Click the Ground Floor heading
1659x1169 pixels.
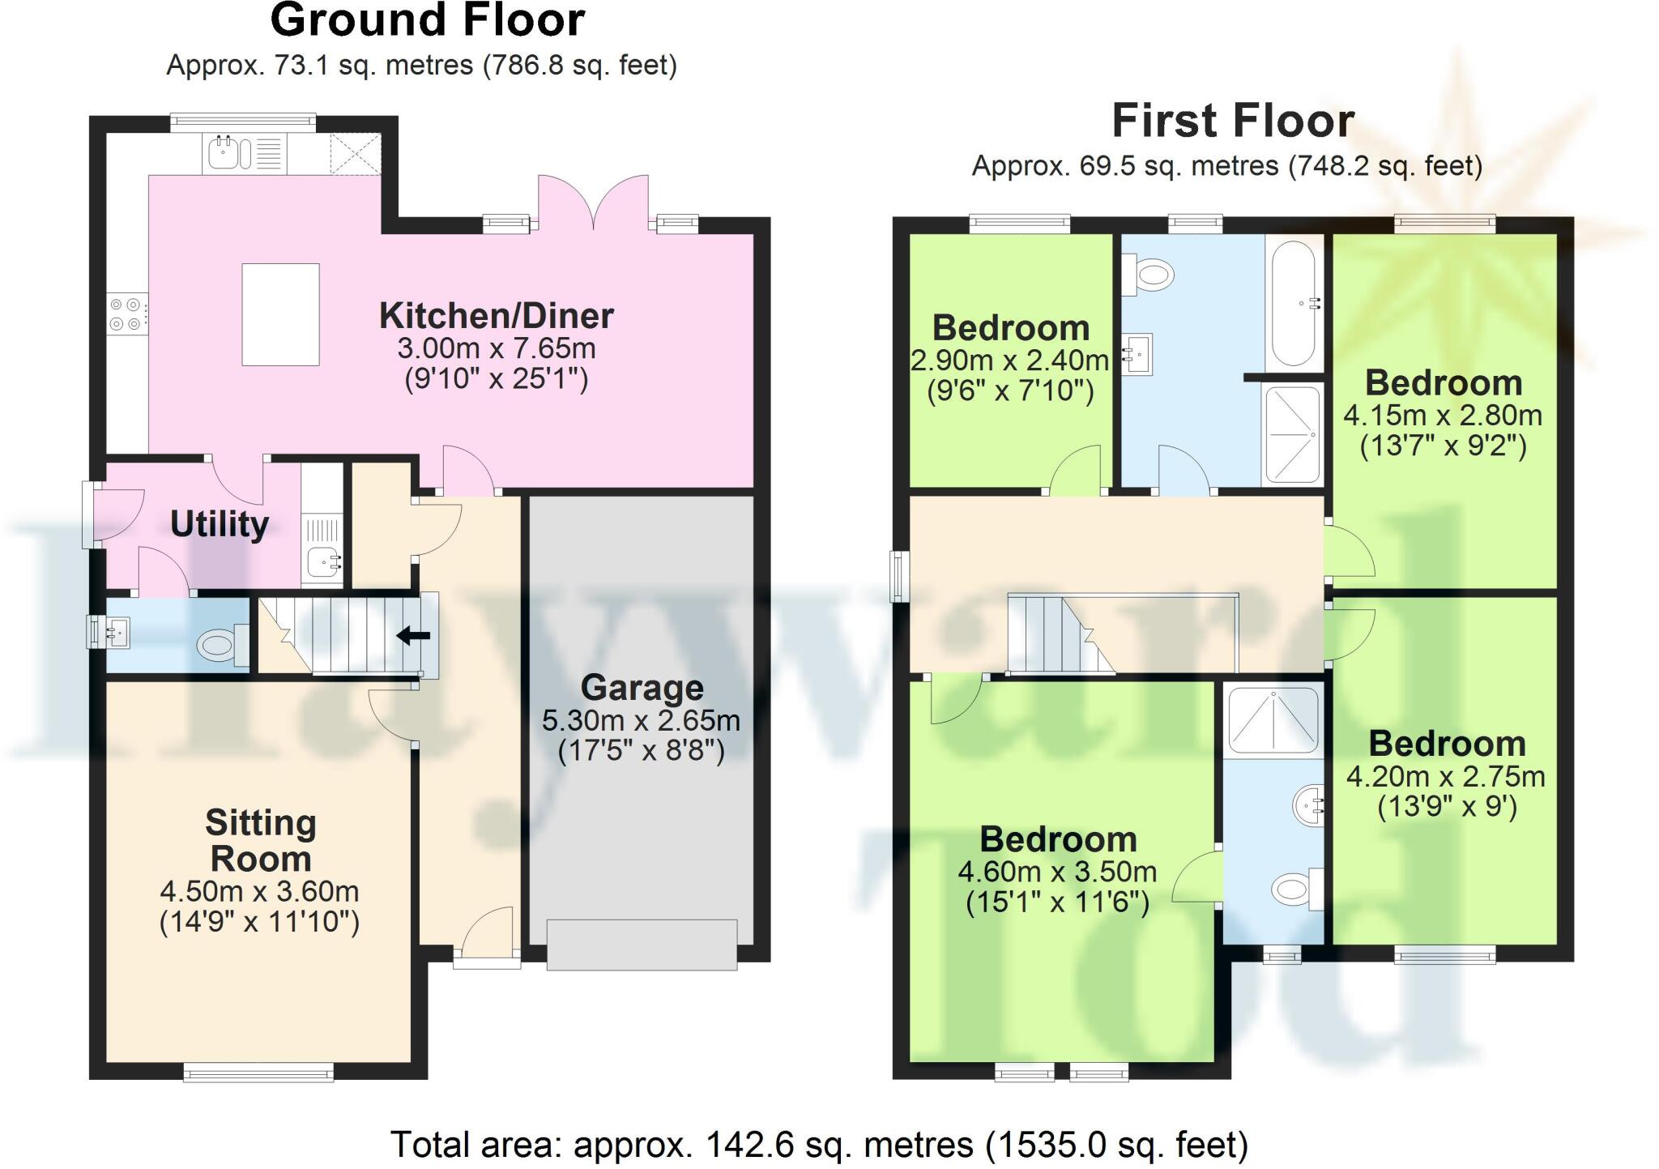coord(427,21)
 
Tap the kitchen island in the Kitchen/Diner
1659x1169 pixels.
coord(280,314)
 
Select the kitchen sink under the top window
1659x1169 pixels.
coord(224,153)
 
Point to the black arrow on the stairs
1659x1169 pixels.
coord(413,636)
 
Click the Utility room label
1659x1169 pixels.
coord(219,525)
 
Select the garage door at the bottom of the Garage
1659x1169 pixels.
coord(642,944)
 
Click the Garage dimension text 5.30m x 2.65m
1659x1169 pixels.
coord(641,720)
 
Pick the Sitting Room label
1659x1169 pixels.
coord(260,840)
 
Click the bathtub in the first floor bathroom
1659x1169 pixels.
coord(1294,304)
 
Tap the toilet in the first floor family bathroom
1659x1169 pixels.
coord(1154,274)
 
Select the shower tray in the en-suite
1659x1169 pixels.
coord(1273,719)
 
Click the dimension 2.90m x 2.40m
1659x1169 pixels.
coord(1009,361)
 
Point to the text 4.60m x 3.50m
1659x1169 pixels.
coord(1057,872)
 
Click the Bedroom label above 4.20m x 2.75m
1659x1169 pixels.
coord(1446,744)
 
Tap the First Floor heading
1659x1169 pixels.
coord(1232,122)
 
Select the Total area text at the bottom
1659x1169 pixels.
coord(819,1145)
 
